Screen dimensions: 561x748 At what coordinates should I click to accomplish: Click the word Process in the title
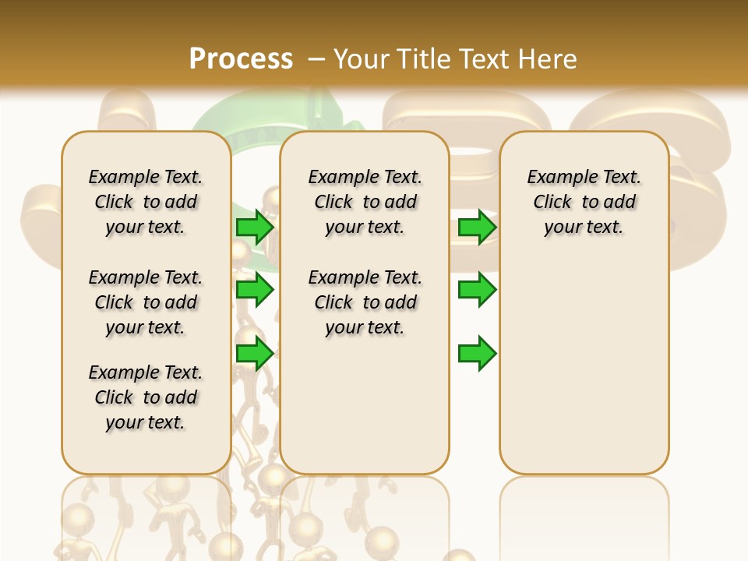coord(241,58)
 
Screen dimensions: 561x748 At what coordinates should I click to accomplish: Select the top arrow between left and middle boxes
coord(255,228)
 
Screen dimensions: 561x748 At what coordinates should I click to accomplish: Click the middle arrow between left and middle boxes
coord(255,290)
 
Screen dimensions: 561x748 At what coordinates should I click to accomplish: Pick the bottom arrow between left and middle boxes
coord(255,353)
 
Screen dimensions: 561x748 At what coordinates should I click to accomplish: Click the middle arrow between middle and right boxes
coord(477,290)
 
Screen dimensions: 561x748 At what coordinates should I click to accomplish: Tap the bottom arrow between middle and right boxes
coord(477,353)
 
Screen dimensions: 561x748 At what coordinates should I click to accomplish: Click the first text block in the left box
coord(146,202)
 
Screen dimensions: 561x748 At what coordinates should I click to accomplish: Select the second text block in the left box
coord(146,302)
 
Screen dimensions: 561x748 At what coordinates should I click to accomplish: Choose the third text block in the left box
coord(146,397)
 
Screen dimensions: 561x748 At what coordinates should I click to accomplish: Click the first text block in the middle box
coord(365,202)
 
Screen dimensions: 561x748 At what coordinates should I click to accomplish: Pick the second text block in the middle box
coord(365,302)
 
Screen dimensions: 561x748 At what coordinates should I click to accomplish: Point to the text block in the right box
coord(584,202)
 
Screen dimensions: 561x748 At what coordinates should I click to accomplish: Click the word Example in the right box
coord(556,177)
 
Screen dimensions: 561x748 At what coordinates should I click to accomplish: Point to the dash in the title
coord(316,59)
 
